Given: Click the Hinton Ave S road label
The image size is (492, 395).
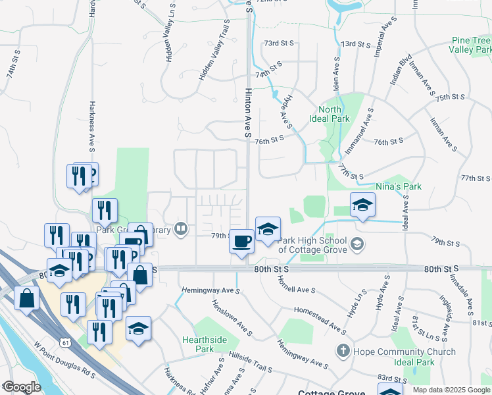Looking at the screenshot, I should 249,113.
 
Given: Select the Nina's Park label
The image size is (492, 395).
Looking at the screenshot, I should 398,186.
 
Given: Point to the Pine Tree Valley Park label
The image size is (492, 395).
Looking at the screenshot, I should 472,45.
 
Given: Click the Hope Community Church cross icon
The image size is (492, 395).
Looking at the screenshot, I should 342,351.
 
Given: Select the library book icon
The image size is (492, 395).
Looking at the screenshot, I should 180,230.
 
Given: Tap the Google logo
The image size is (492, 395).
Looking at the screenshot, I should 21,387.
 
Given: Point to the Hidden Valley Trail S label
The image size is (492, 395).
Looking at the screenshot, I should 214,50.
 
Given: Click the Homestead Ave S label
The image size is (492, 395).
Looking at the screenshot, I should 319,319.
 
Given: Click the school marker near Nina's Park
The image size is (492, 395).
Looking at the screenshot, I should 362,205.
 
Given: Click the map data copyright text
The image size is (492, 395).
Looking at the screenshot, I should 451,390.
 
